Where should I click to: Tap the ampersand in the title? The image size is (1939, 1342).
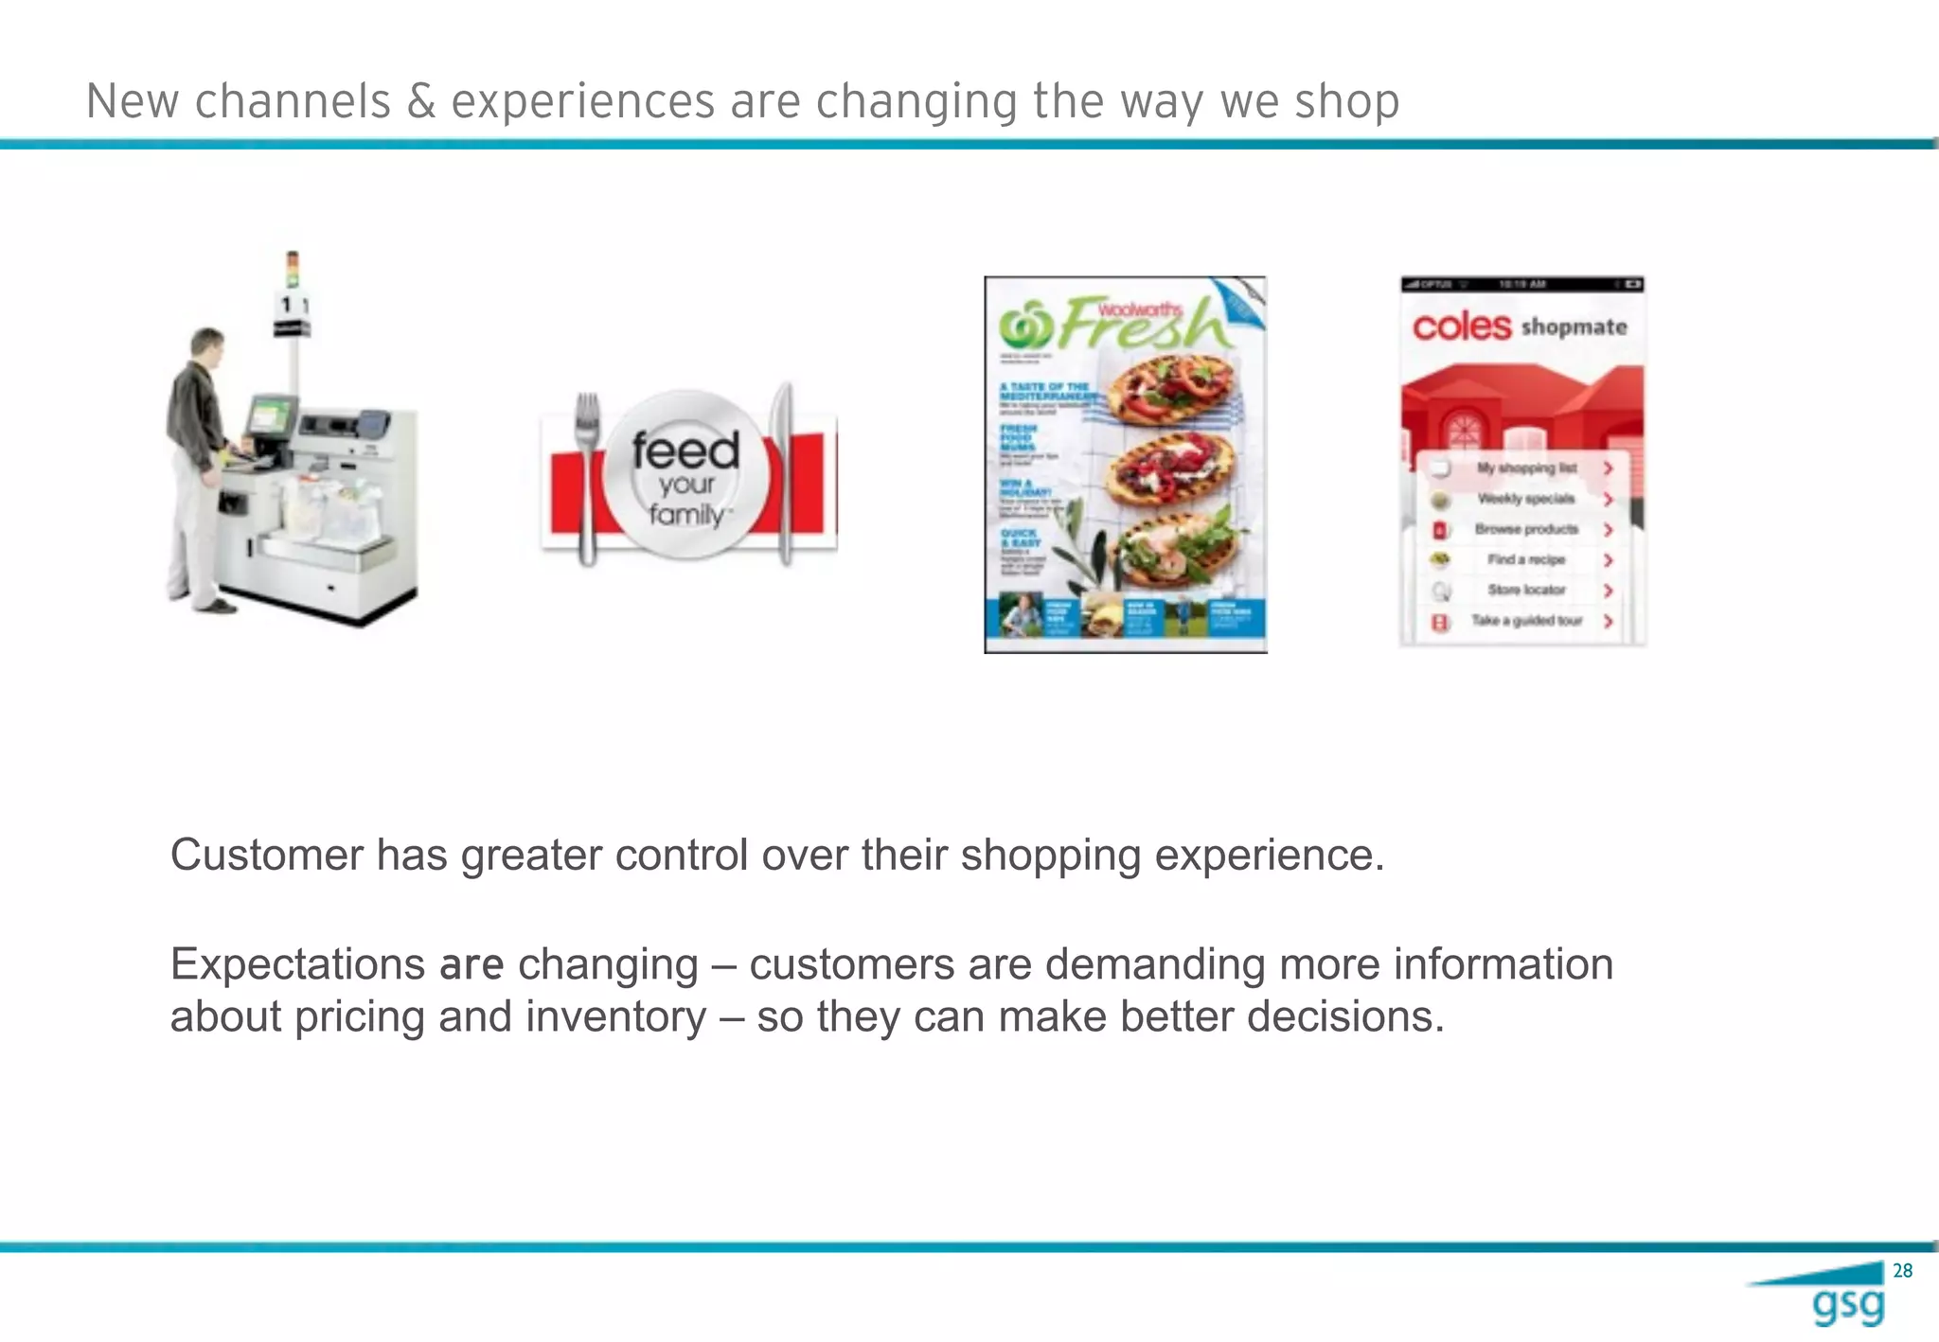coord(421,101)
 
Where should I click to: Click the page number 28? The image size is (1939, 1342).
coord(1902,1271)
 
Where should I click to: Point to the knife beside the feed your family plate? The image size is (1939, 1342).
coord(784,473)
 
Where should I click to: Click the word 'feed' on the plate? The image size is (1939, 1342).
coord(685,450)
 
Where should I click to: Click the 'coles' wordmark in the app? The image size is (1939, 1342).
coord(1461,327)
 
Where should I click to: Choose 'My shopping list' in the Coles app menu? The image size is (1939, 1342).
coord(1526,468)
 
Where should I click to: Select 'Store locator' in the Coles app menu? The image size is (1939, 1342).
coord(1526,590)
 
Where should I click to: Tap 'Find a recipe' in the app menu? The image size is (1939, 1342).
coord(1526,559)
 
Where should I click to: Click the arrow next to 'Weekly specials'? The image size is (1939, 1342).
coord(1608,499)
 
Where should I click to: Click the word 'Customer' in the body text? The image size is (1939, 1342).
coord(266,856)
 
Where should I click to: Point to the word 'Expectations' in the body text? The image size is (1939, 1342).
coord(297,965)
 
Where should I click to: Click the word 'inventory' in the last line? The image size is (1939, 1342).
coord(615,1017)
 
